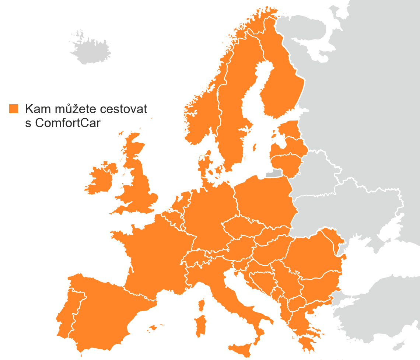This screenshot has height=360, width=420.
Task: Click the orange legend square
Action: [x=14, y=109]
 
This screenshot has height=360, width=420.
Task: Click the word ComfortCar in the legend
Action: [x=68, y=123]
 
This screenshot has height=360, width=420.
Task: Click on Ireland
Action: [x=101, y=178]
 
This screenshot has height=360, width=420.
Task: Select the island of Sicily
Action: [x=241, y=348]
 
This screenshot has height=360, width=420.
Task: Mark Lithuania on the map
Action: [x=286, y=162]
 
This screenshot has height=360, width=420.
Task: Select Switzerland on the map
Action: [x=195, y=256]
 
